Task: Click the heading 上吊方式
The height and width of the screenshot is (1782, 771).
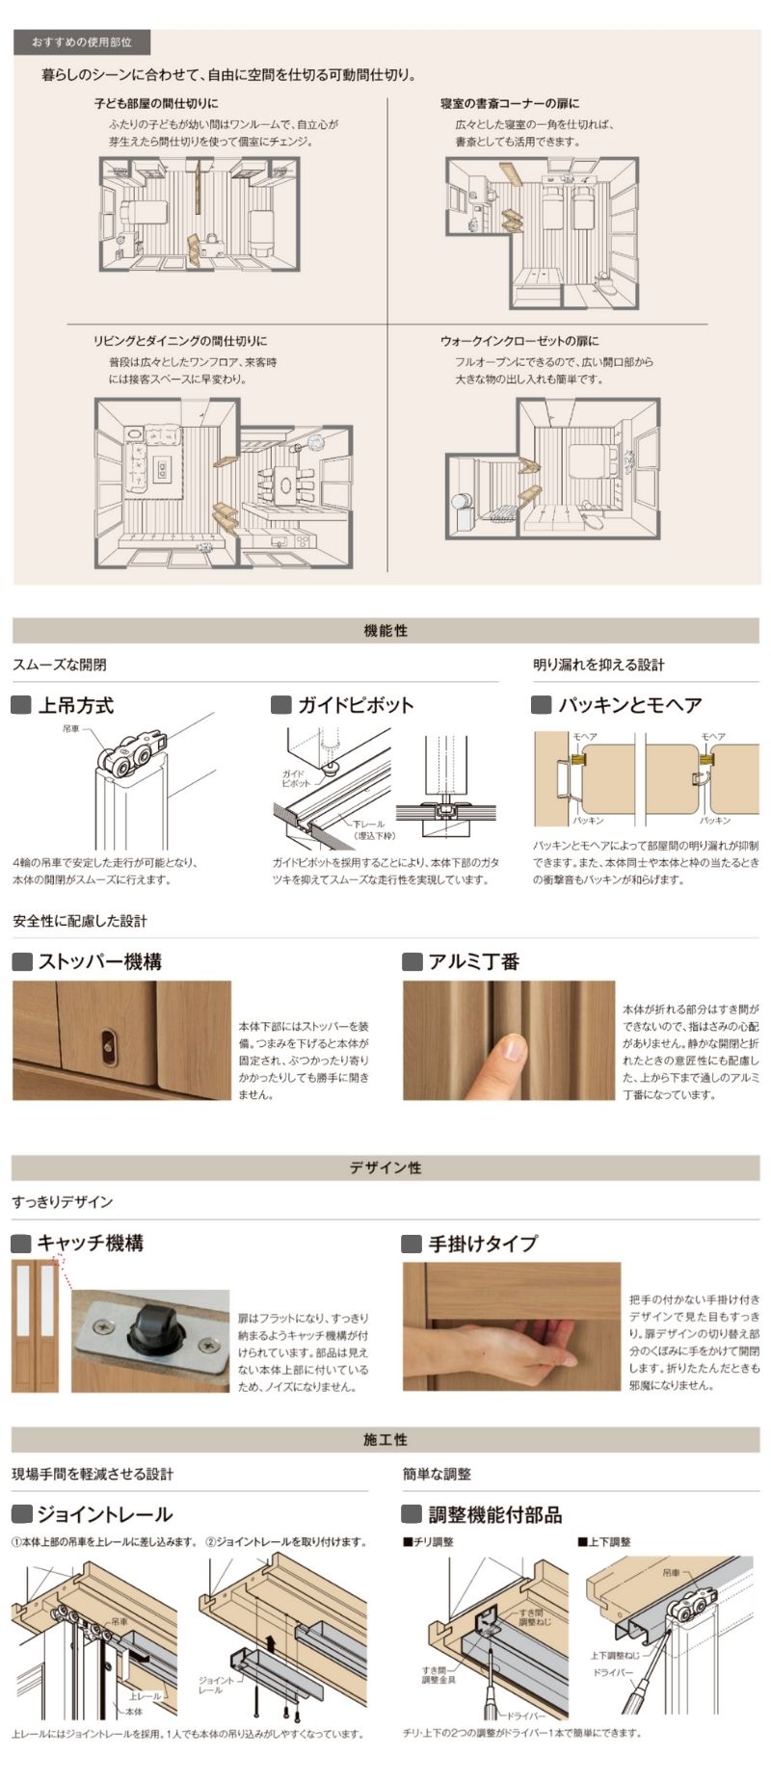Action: click(x=75, y=705)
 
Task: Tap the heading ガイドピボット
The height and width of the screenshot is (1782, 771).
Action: click(x=356, y=705)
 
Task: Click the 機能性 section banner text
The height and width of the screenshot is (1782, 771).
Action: click(x=385, y=631)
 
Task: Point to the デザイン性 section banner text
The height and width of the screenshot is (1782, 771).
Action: click(x=385, y=1167)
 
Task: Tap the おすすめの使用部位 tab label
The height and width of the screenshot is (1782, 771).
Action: click(x=82, y=42)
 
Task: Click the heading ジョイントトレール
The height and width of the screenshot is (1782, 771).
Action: click(x=104, y=1514)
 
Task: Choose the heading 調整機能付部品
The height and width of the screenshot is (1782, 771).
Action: click(x=494, y=1514)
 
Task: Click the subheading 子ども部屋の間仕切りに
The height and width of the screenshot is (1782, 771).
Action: click(x=156, y=103)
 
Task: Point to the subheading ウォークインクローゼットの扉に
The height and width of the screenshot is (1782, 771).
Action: click(x=519, y=341)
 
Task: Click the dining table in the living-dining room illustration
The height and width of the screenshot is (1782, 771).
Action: click(x=286, y=481)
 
